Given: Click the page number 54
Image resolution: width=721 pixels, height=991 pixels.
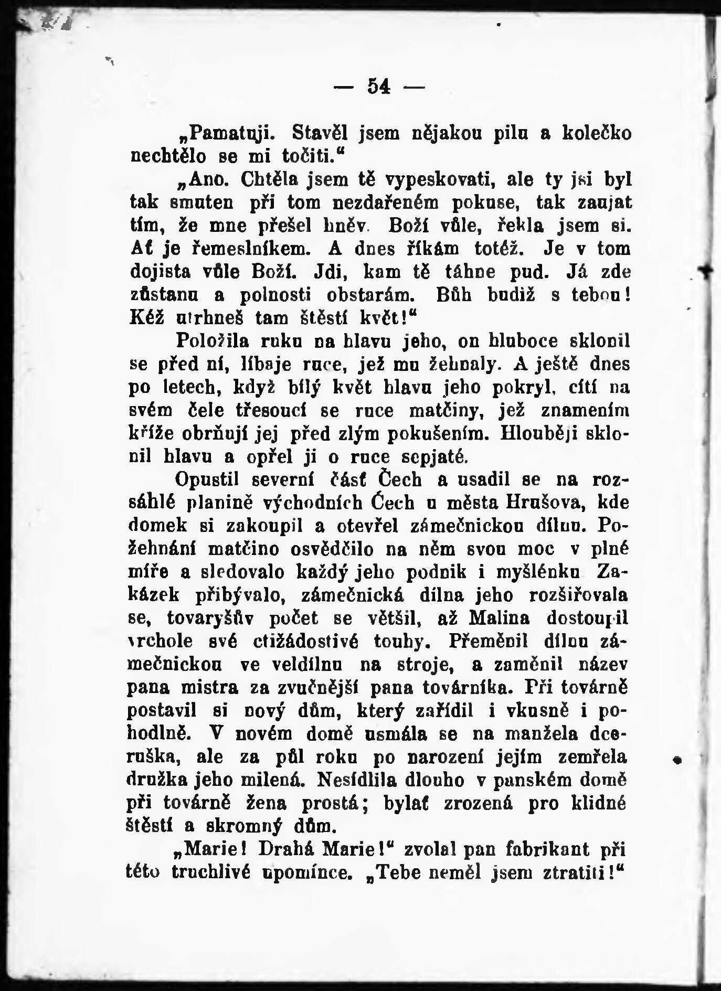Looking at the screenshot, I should point(379,87).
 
